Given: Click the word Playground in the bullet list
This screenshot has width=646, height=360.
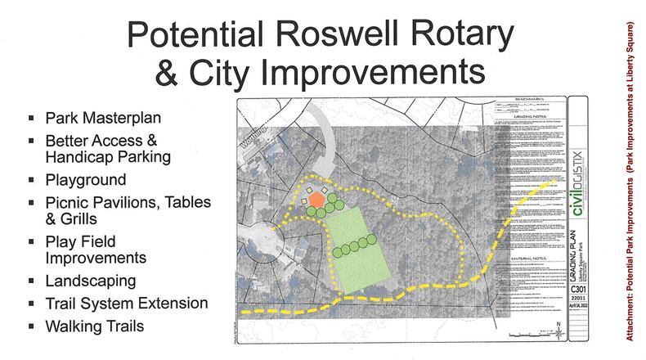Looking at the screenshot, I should coord(85,178).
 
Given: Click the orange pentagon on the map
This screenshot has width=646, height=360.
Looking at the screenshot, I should coord(315,200).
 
